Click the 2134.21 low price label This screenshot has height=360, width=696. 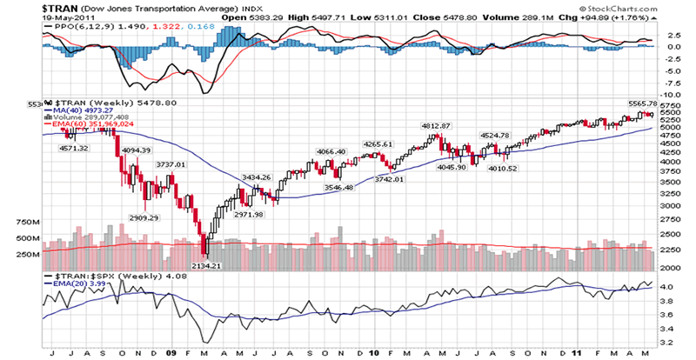[206, 265]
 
